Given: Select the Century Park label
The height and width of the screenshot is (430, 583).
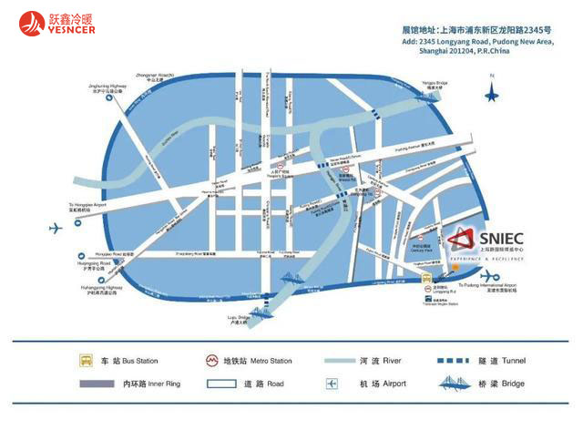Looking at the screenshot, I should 422,246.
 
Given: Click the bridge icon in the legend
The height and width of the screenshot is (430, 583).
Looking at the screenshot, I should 465,384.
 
